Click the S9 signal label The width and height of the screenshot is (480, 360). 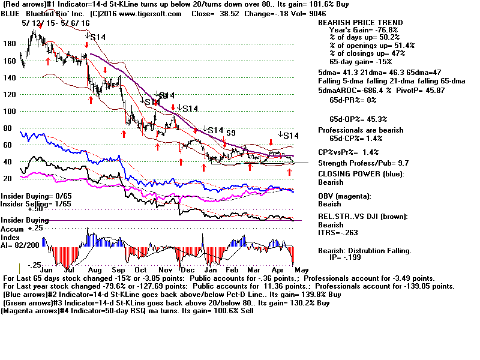pos(230,132)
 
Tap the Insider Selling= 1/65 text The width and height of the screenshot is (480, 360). pos(28,204)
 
